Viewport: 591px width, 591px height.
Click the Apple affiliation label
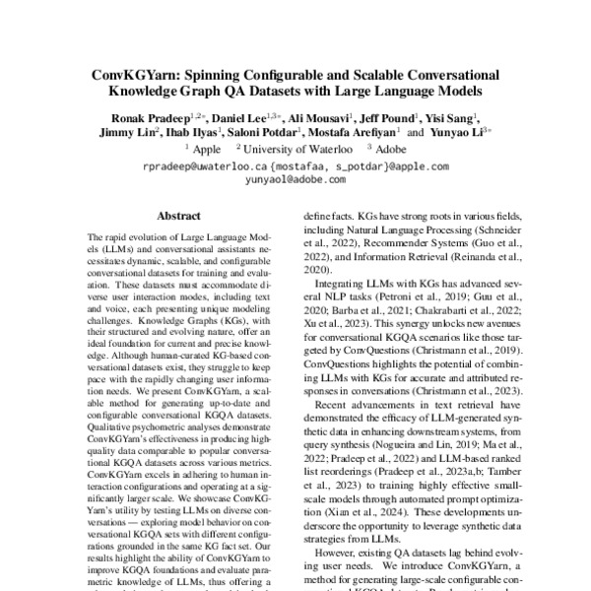(x=206, y=150)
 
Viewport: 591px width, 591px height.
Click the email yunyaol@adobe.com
(x=295, y=182)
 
